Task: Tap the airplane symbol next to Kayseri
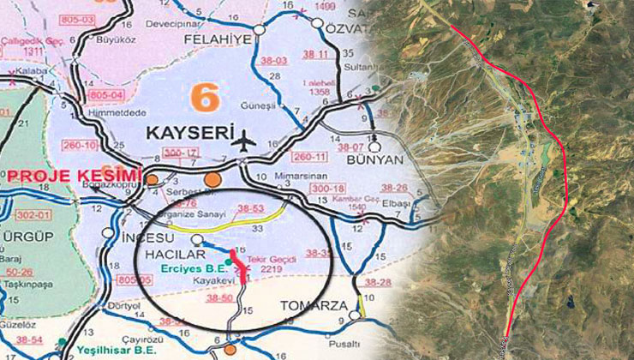247,137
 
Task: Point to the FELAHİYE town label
208,40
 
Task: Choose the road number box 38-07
355,147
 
